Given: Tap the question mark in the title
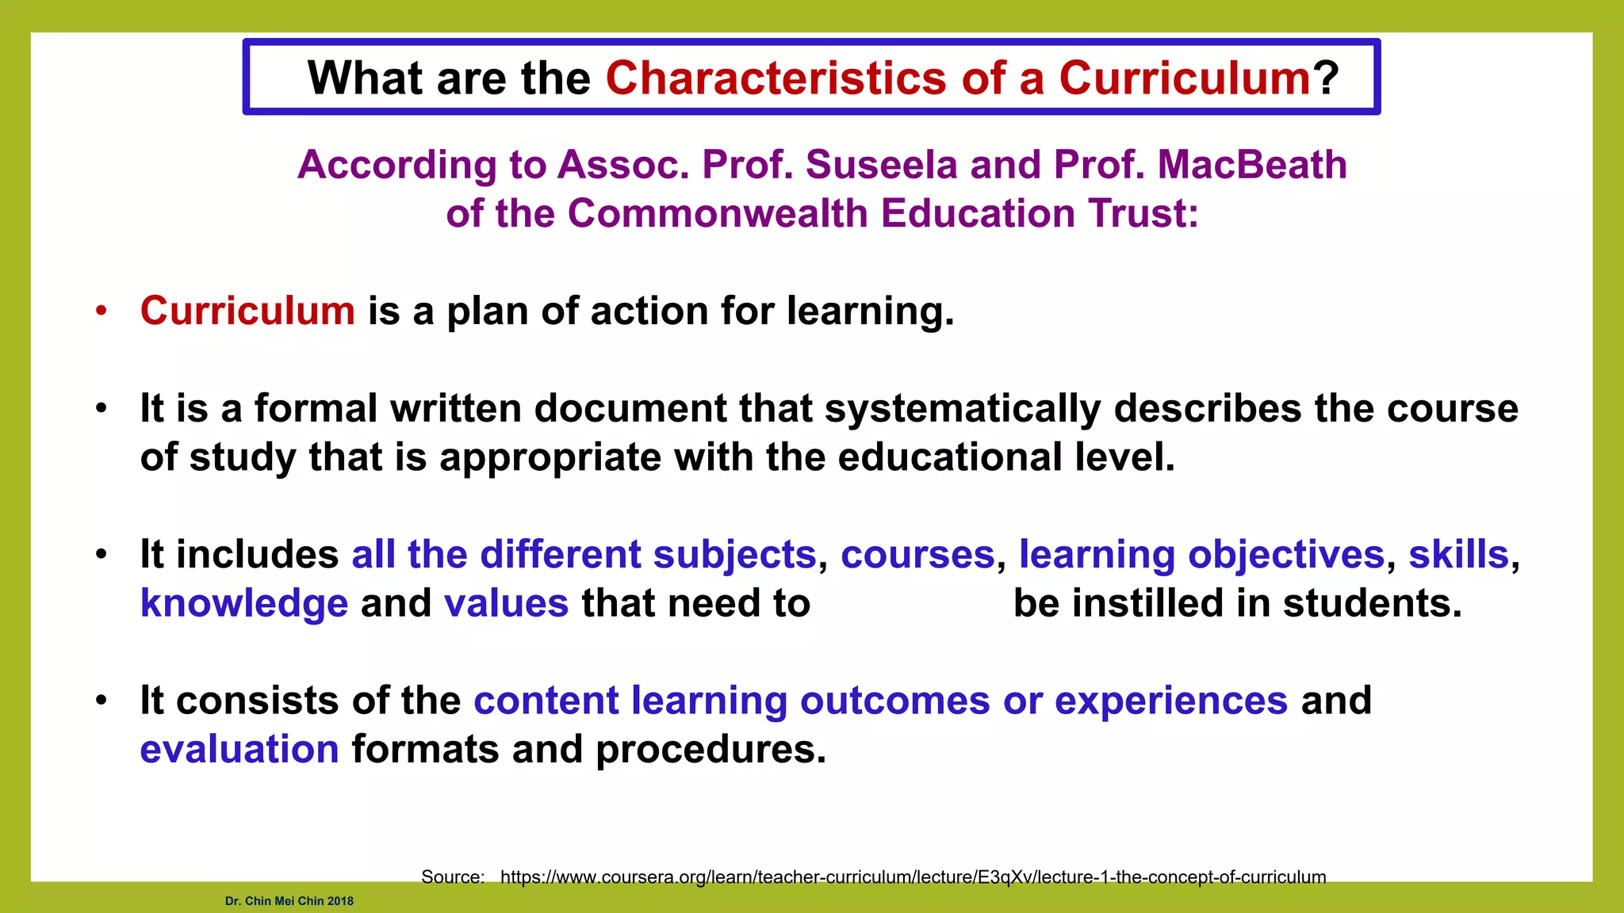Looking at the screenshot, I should pyautogui.click(x=1325, y=78).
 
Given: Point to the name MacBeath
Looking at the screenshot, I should pyautogui.click(x=1252, y=165).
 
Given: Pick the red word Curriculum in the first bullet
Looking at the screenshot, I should pyautogui.click(x=247, y=311).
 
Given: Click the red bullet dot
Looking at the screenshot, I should pyautogui.click(x=101, y=311).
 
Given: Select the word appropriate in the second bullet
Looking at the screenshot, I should pyautogui.click(x=550, y=458).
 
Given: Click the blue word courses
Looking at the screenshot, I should pyautogui.click(x=917, y=555).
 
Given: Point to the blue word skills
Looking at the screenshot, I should pyautogui.click(x=1458, y=555).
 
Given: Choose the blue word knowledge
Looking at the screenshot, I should pyautogui.click(x=244, y=604).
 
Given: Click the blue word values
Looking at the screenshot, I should pyautogui.click(x=506, y=604).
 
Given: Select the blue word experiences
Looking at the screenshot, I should pyautogui.click(x=1171, y=701).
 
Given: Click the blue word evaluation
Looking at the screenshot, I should pyautogui.click(x=239, y=750).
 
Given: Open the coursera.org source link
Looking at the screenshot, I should pyautogui.click(x=913, y=877).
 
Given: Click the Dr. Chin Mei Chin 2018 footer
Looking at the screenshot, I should pyautogui.click(x=289, y=901).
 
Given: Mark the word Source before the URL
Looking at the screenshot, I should pyautogui.click(x=452, y=877).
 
